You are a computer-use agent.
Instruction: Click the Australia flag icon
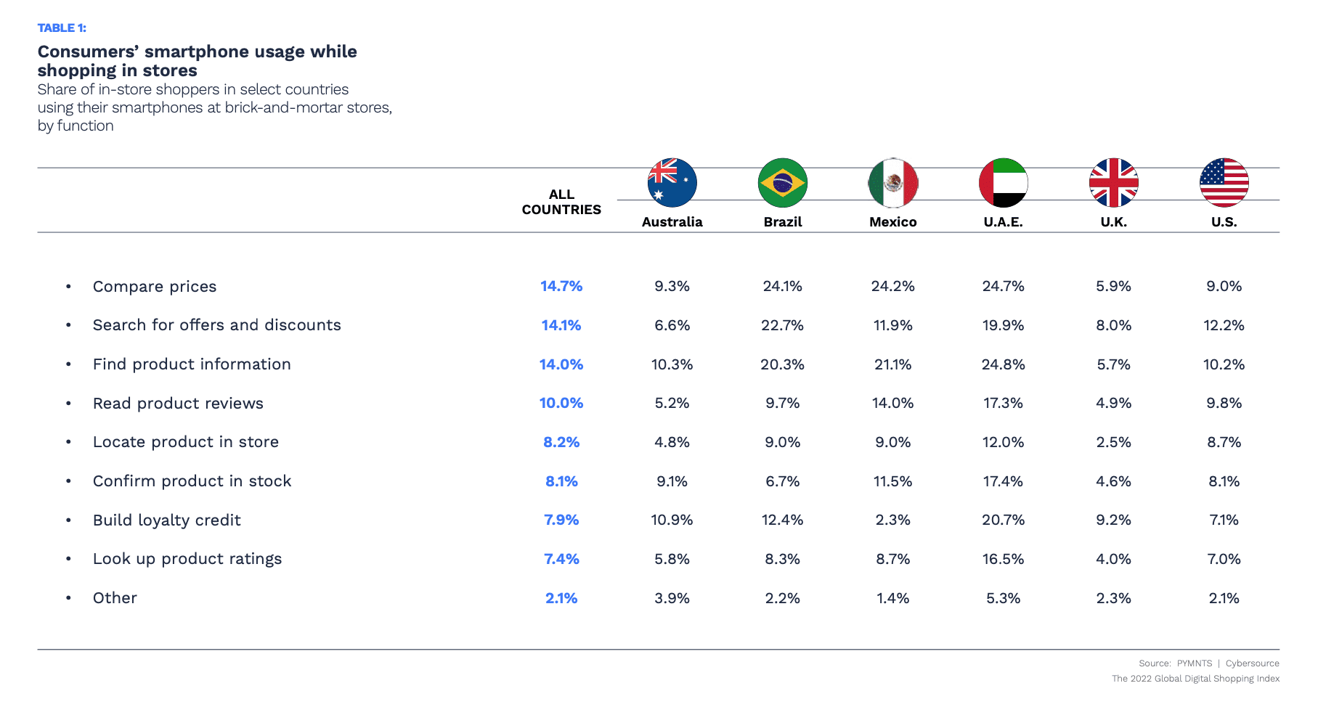coord(672,183)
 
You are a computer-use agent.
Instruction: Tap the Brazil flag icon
coord(782,183)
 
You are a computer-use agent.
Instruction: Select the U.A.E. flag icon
coord(1003,183)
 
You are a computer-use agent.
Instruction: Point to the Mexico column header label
coord(892,222)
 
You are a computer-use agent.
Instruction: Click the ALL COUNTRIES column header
coord(561,203)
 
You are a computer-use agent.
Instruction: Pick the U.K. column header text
coord(1113,222)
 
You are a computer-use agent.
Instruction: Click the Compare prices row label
coord(155,287)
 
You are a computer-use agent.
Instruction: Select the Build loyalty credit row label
coord(167,520)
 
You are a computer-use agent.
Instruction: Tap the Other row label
coord(115,598)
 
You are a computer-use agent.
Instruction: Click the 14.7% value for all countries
coord(561,287)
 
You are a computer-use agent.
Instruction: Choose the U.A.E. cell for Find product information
coord(1003,364)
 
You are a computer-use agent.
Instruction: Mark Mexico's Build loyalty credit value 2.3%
coord(892,520)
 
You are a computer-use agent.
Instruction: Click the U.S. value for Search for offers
coord(1224,325)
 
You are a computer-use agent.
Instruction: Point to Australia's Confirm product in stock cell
coord(672,481)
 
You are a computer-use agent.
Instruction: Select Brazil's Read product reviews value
coord(782,404)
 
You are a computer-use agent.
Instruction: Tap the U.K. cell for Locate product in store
coord(1113,442)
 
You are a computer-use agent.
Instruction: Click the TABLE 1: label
coord(62,28)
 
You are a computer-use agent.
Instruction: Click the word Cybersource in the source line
coord(1252,663)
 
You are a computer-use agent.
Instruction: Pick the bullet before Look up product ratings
coord(68,559)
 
